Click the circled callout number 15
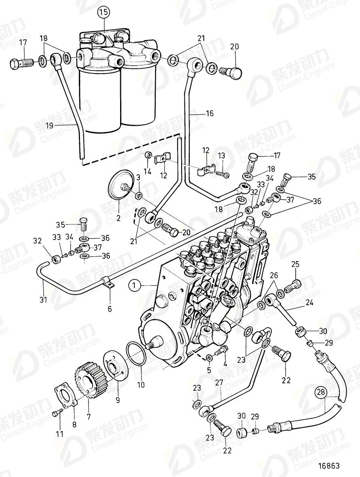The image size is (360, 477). tap(104, 13)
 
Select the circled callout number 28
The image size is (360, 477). tap(321, 392)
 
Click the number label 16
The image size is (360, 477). tap(209, 114)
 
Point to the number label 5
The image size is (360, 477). tap(209, 369)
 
